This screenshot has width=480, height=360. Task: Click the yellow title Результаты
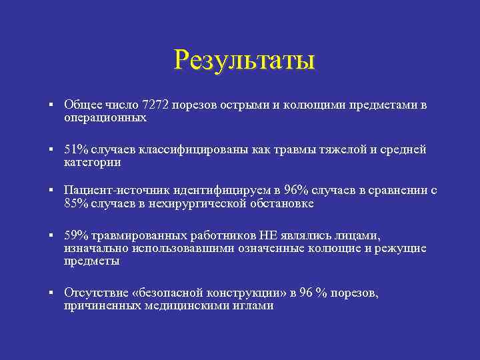[243, 59]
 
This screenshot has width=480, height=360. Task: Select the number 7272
[157, 105]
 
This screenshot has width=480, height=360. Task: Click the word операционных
[105, 118]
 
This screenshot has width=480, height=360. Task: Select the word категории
[92, 162]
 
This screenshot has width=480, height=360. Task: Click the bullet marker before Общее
[51, 105]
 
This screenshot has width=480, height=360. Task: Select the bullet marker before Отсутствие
[51, 293]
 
